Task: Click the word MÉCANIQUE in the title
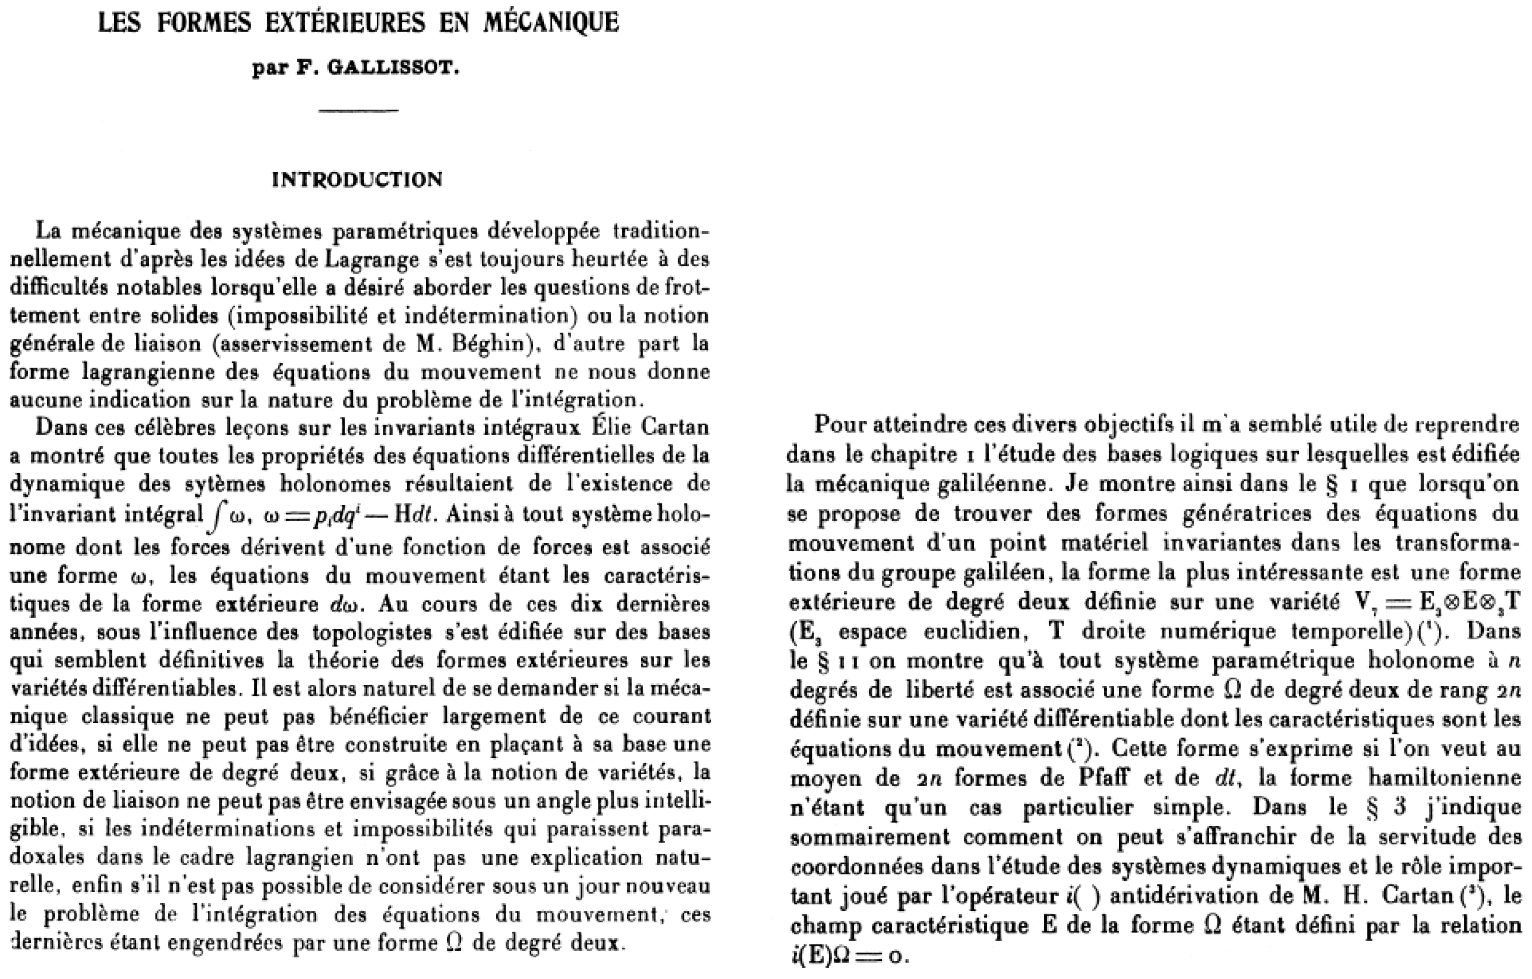pyautogui.click(x=551, y=23)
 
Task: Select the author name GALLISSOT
pyautogui.click(x=393, y=68)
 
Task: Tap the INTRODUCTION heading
pyautogui.click(x=357, y=180)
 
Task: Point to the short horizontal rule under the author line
pyautogui.click(x=359, y=111)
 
